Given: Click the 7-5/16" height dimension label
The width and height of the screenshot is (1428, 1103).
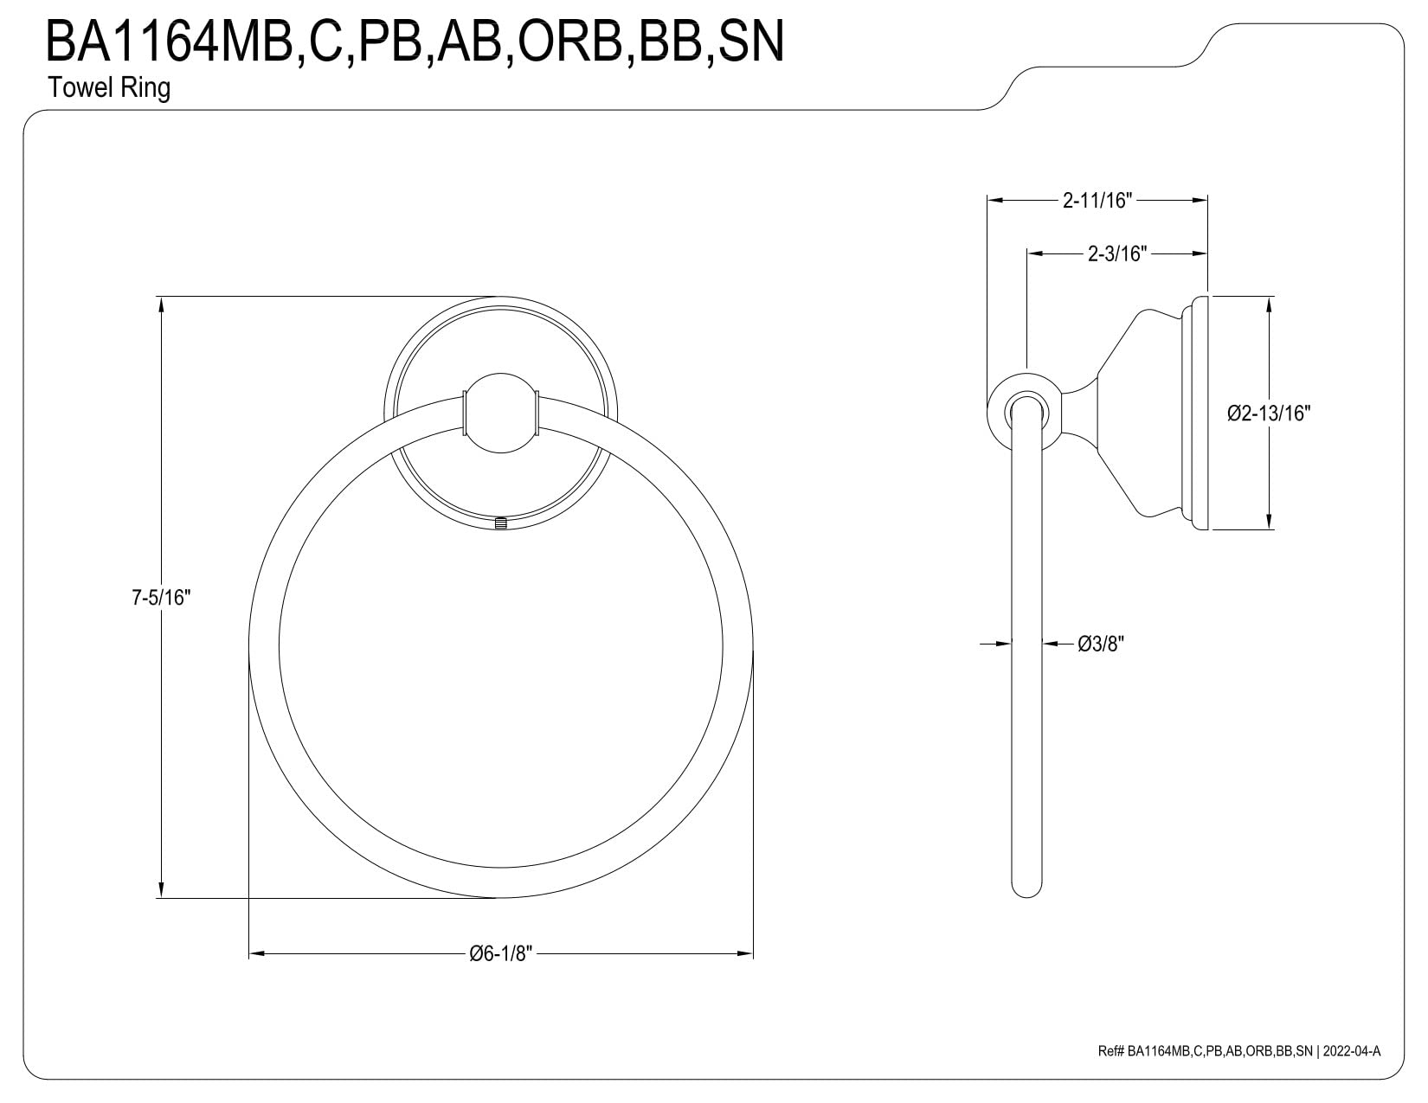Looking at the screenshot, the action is click(161, 598).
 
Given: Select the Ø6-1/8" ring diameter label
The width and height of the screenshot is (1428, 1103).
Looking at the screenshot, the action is click(501, 954).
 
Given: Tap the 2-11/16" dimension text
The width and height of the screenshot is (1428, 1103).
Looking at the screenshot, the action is click(1097, 201).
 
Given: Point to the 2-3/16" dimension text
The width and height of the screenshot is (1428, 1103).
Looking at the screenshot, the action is click(1117, 253).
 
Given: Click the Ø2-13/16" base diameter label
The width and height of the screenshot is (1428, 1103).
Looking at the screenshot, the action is click(1269, 414).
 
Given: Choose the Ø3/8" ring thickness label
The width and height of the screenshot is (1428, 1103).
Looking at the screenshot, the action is click(1101, 644).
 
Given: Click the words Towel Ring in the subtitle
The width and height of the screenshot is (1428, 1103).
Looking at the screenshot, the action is click(109, 87).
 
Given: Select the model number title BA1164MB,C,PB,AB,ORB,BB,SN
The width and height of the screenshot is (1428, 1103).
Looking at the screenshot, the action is click(415, 41).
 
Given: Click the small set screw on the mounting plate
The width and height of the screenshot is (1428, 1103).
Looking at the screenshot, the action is click(501, 523).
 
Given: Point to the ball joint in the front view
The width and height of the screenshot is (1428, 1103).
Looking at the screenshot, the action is click(501, 414).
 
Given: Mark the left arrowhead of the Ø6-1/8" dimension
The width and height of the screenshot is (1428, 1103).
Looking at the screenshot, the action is click(255, 954).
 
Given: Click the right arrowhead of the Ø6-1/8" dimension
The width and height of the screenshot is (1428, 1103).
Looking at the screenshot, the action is click(746, 954).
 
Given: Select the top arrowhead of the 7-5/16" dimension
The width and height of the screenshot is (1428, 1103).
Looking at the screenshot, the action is click(161, 304).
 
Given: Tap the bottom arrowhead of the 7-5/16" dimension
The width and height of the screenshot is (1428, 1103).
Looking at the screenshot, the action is click(161, 891).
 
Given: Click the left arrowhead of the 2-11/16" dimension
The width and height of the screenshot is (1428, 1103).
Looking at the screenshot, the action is click(994, 201).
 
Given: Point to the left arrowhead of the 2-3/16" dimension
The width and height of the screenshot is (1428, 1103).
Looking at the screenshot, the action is click(1035, 253).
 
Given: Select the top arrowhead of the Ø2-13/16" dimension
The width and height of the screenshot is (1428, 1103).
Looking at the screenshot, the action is click(1269, 304).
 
